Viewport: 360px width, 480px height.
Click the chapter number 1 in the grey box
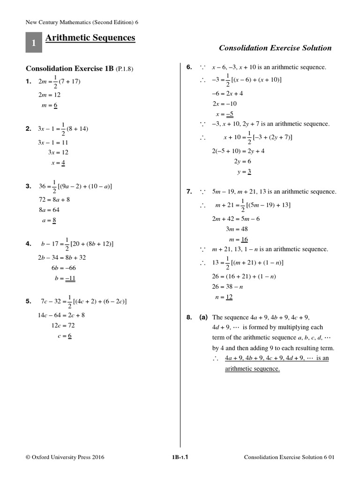tap(33, 43)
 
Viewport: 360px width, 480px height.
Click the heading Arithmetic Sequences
tap(90, 37)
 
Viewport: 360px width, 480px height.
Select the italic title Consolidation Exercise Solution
tap(275, 48)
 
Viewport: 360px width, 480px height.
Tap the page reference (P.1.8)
tap(125, 69)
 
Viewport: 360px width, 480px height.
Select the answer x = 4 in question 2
tap(58, 163)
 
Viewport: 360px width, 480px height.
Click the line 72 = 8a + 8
tap(54, 199)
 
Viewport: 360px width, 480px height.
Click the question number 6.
tap(189, 67)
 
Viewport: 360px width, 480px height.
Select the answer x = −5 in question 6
tap(225, 114)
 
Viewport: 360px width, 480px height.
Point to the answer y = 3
tap(244, 172)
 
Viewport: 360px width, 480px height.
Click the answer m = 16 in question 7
tap(238, 239)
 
